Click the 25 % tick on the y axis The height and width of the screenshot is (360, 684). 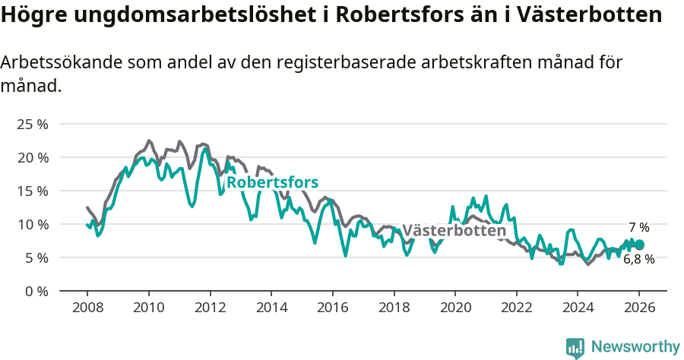point(32,125)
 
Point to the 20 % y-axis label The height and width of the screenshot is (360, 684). point(32,158)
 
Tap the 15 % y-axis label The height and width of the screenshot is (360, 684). point(32,191)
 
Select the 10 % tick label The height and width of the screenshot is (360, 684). point(32,225)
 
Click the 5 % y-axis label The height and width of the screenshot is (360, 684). point(35,258)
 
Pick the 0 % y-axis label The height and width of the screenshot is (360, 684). point(35,292)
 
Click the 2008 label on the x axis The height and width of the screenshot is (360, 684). point(87,308)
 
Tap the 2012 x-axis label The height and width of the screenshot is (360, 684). point(210,308)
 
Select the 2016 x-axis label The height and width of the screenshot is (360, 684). point(332,308)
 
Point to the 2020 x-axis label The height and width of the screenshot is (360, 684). point(455,308)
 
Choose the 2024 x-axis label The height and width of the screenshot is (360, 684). point(578,308)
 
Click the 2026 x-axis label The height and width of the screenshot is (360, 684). point(639,308)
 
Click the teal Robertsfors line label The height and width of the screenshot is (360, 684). point(272,182)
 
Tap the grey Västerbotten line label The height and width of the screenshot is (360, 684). point(454,231)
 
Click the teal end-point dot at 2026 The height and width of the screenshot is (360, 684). point(639,245)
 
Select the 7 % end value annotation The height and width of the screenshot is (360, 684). point(638,227)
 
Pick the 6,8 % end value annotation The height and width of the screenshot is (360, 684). point(638,259)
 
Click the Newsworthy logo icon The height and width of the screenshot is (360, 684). point(575,348)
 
